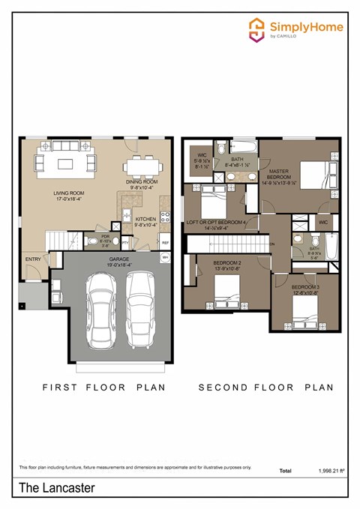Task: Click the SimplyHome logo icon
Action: [x=256, y=29]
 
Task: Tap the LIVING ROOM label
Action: [x=70, y=196]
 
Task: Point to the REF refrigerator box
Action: [x=164, y=243]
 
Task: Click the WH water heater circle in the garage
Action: [x=166, y=258]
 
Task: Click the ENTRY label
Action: [x=33, y=259]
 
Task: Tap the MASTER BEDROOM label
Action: [x=279, y=176]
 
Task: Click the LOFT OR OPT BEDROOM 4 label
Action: [x=216, y=222]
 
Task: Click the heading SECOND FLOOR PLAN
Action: [x=265, y=388]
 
